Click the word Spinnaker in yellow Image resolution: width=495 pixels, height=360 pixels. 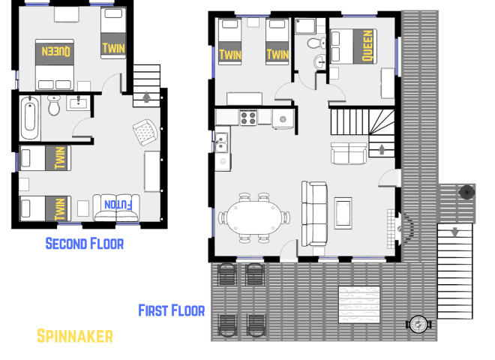coord(74,336)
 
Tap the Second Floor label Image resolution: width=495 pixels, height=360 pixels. coord(84,243)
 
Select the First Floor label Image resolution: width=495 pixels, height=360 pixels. coord(171,310)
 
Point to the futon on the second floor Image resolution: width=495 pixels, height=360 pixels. coord(116,207)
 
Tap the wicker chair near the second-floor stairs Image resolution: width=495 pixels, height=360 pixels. coord(144,133)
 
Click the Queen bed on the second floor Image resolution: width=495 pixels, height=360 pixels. coord(55,52)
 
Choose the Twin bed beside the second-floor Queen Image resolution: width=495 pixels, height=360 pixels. coord(114,34)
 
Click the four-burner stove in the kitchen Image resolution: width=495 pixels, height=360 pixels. coord(247,117)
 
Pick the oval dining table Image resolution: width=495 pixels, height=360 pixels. coord(253,217)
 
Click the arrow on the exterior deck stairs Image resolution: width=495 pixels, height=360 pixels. coord(454,232)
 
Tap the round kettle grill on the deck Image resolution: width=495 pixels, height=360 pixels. coord(466,192)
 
